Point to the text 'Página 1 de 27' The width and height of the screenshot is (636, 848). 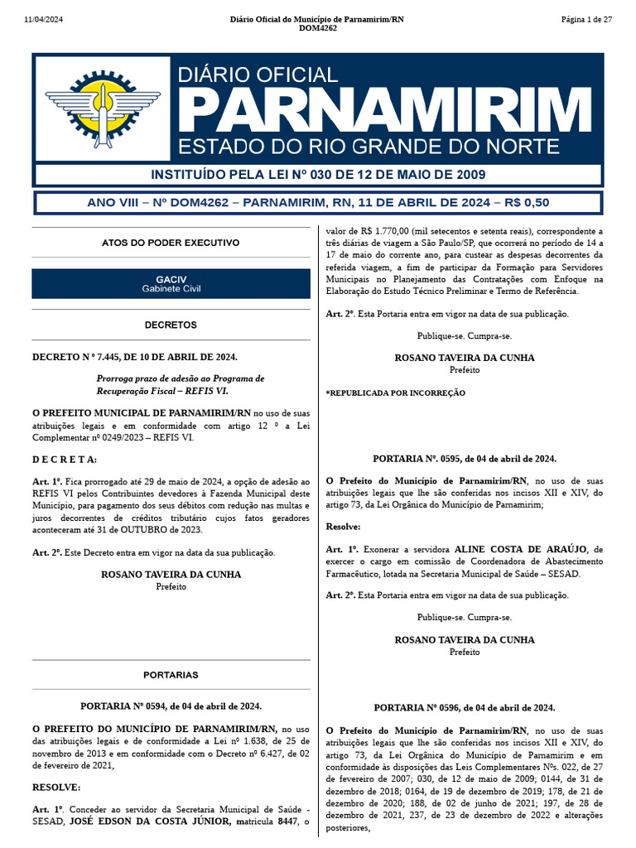click(x=585, y=19)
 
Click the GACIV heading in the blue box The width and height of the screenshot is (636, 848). click(x=171, y=279)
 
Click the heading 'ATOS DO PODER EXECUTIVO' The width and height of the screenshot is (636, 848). click(x=171, y=243)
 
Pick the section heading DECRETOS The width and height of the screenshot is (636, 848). click(x=171, y=325)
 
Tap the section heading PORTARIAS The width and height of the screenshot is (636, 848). click(x=171, y=675)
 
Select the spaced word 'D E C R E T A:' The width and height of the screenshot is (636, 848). click(x=65, y=459)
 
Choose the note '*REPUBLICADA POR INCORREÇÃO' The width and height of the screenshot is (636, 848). click(x=395, y=393)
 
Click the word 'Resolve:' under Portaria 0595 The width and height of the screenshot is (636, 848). click(x=343, y=526)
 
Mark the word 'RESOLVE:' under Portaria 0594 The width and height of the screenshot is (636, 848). click(x=56, y=787)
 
